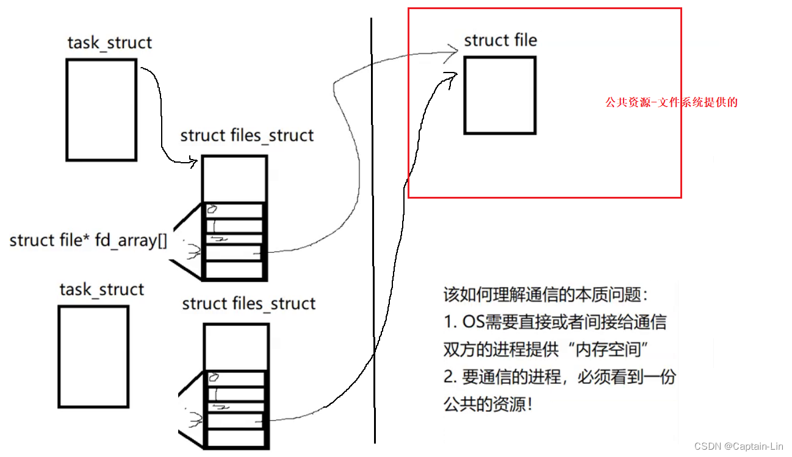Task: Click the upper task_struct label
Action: [109, 43]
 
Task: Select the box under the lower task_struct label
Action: [93, 356]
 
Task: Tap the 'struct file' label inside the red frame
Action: [500, 41]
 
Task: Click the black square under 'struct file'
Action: [500, 95]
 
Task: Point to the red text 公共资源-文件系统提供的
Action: [671, 102]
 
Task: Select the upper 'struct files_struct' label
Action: [247, 135]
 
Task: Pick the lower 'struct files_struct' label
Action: [249, 303]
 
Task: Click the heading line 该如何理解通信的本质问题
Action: [545, 296]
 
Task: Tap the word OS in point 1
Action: [473, 322]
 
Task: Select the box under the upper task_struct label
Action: [101, 110]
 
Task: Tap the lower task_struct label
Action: [101, 289]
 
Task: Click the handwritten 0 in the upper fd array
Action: [212, 210]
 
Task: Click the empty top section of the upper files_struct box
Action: [234, 179]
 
